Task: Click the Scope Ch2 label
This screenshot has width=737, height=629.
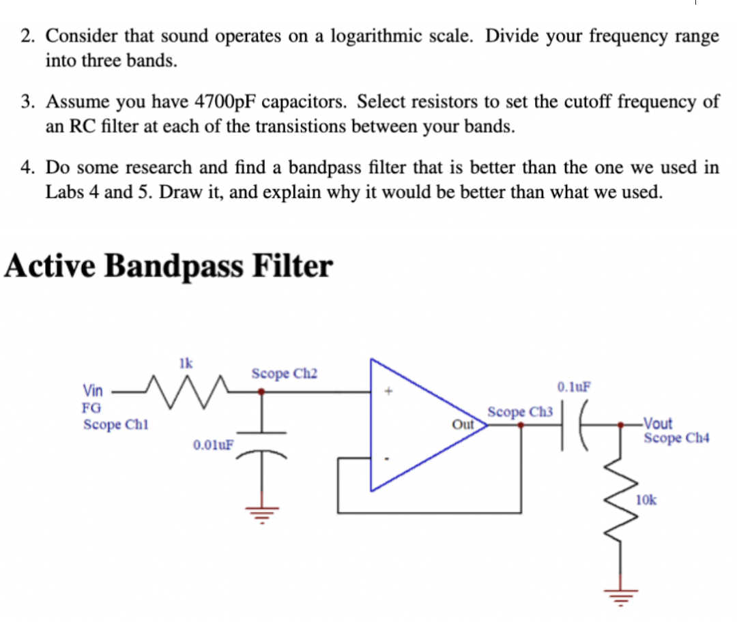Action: [284, 374]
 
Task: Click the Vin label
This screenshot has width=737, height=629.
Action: [93, 391]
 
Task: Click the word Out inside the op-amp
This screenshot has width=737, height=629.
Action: [463, 424]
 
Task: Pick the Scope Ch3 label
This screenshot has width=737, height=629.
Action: [520, 412]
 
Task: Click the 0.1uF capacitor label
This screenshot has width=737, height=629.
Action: [575, 388]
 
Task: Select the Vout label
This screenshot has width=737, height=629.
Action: [658, 423]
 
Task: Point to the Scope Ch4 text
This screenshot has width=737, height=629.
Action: [676, 437]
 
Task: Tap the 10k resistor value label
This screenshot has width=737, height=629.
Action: [646, 500]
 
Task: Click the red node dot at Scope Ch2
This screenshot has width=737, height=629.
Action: [261, 392]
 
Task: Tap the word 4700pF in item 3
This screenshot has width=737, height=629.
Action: [226, 102]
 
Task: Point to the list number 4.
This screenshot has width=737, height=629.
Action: [25, 168]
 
